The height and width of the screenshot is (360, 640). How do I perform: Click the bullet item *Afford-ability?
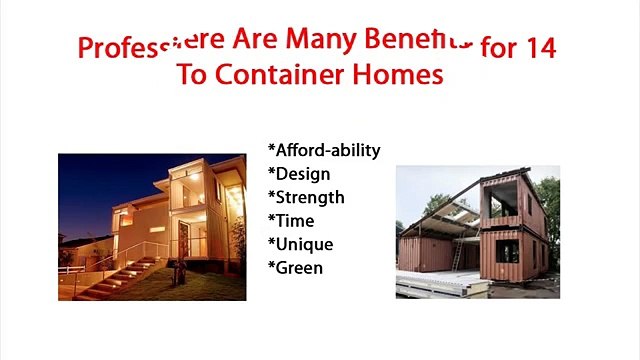324,150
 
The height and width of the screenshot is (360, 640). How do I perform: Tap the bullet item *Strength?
306,197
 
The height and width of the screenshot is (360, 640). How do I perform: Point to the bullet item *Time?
291,220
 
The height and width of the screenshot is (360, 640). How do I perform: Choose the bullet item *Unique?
301,244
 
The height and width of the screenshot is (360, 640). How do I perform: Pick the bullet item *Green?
296,267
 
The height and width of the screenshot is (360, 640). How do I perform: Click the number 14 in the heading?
539,47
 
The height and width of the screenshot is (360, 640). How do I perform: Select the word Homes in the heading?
400,76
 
